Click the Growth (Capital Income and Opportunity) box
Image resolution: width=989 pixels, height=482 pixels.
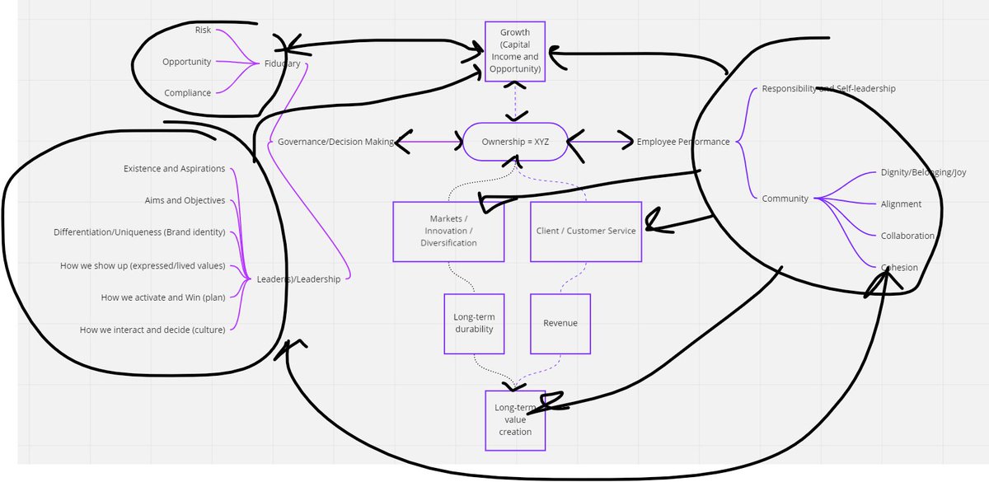pyautogui.click(x=514, y=51)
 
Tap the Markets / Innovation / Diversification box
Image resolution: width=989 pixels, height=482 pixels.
pyautogui.click(x=448, y=232)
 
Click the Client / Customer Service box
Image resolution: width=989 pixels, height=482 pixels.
pyautogui.click(x=585, y=232)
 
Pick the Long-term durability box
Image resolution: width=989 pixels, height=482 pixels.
pyautogui.click(x=473, y=323)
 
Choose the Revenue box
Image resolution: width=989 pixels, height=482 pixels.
pyautogui.click(x=560, y=323)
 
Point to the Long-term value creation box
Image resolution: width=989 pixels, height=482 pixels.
pyautogui.click(x=514, y=420)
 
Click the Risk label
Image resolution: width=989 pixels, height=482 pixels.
pyautogui.click(x=203, y=30)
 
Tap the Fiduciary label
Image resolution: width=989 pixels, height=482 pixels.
pyautogui.click(x=282, y=63)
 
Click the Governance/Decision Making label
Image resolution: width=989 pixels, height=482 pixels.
pyautogui.click(x=335, y=142)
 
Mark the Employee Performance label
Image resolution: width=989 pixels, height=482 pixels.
pyautogui.click(x=683, y=142)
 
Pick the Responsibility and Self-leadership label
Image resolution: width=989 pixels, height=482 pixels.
pyautogui.click(x=828, y=88)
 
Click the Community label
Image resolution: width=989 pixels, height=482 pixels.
pyautogui.click(x=785, y=199)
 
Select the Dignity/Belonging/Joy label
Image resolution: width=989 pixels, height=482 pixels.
pyautogui.click(x=923, y=173)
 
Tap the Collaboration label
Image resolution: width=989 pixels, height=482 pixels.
pyautogui.click(x=907, y=236)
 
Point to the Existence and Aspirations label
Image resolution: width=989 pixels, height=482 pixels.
pyautogui.click(x=174, y=169)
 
